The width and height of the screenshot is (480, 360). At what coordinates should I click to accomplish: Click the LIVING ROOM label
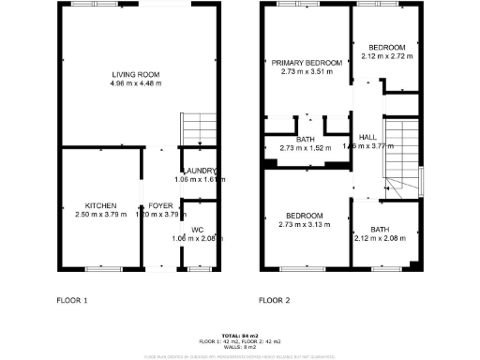tap(136, 74)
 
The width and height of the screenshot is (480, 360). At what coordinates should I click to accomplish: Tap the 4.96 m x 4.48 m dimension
tap(136, 83)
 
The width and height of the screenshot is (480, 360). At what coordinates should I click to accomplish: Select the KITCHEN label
tap(100, 204)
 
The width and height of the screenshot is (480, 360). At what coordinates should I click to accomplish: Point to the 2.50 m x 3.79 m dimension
tap(100, 214)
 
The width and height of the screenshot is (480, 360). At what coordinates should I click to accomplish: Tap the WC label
tap(197, 230)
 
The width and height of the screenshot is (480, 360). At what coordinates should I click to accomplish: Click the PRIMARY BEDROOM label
tap(307, 62)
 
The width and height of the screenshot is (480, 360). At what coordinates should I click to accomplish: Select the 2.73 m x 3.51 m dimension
tap(307, 71)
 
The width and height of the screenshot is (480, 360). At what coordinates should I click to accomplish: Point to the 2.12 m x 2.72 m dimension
tap(386, 56)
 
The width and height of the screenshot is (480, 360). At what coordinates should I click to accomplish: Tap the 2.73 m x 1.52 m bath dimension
tap(307, 146)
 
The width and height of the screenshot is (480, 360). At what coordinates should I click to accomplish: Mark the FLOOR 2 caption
tap(275, 301)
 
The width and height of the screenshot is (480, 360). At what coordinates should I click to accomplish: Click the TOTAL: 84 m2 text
tap(240, 335)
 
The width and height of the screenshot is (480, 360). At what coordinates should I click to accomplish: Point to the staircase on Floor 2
tap(400, 155)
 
